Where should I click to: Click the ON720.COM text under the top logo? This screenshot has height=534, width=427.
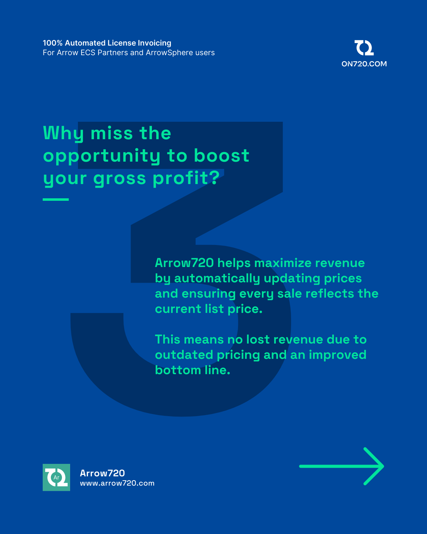tap(364, 64)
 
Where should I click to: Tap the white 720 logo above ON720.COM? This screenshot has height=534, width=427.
tap(364, 47)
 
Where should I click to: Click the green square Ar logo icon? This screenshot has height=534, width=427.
tap(56, 477)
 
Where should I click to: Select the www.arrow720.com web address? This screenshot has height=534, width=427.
tap(117, 483)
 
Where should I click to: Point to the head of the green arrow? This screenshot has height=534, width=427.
tap(383, 466)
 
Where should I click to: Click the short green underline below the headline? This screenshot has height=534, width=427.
tap(56, 199)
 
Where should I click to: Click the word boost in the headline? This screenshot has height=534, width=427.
tap(222, 156)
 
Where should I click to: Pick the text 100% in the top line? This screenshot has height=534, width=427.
tap(53, 43)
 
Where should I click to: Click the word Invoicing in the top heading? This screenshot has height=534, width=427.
tap(154, 43)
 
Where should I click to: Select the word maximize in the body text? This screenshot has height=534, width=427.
tap(283, 263)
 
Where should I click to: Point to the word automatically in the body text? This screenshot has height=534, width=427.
tap(217, 278)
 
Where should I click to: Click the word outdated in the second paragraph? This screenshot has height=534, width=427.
tap(184, 355)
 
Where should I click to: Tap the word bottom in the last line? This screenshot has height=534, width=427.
tap(178, 370)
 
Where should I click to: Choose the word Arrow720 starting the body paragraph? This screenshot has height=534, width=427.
tap(184, 263)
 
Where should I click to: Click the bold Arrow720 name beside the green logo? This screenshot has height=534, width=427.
tap(102, 473)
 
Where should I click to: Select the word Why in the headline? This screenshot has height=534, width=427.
tap(64, 134)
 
